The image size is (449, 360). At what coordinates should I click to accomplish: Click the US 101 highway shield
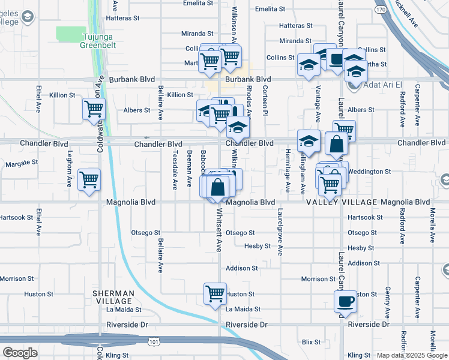(154, 341)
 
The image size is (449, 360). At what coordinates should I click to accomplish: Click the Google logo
(20, 352)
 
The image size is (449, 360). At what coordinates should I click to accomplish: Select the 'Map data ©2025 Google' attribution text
(411, 355)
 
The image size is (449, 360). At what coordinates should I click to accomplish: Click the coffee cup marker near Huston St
(345, 302)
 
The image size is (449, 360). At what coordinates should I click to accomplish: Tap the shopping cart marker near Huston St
(215, 294)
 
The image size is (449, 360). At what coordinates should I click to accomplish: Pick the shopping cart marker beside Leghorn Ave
(89, 179)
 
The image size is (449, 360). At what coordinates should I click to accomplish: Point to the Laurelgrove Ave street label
(280, 232)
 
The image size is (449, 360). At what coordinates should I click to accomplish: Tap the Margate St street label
(22, 163)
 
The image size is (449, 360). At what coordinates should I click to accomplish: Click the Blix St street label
(312, 341)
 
